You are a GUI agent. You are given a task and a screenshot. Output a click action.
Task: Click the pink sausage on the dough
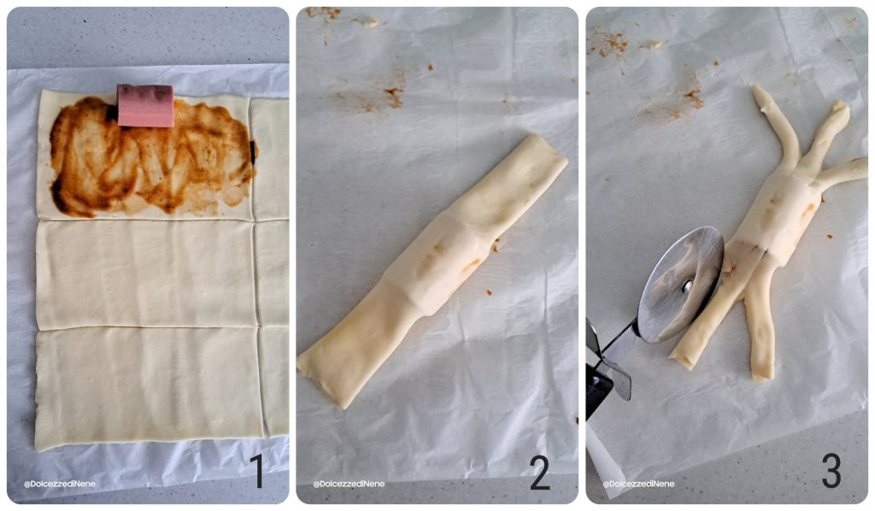(145, 105)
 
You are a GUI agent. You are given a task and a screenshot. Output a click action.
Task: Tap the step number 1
(256, 472)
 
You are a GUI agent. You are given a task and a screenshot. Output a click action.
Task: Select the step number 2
(539, 472)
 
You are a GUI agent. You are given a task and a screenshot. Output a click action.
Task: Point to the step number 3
(831, 471)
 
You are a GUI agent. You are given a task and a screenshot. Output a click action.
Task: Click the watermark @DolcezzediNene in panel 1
(59, 485)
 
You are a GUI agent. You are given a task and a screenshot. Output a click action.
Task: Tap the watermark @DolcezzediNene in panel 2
(349, 485)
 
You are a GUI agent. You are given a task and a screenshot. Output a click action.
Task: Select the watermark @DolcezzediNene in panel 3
(638, 485)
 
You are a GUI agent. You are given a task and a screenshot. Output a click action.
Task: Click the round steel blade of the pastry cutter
(681, 284)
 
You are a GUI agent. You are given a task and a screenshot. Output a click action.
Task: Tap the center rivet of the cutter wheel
(688, 287)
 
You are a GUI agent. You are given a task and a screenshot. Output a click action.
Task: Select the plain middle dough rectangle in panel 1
(146, 274)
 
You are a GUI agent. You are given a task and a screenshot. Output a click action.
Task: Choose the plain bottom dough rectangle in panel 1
(149, 388)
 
